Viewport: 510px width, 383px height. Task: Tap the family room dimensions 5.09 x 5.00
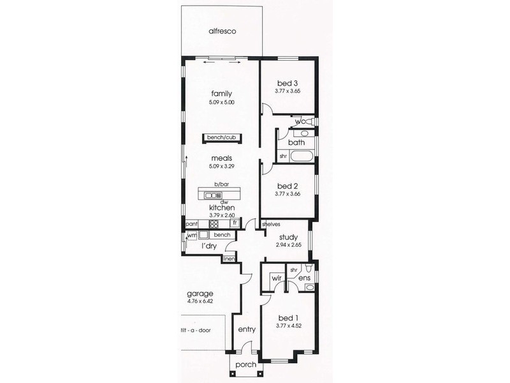coord(221,102)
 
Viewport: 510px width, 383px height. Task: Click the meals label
coord(221,158)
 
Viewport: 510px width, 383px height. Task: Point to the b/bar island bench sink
coord(212,194)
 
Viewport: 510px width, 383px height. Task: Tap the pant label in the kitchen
coord(191,225)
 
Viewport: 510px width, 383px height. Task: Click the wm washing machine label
coord(192,236)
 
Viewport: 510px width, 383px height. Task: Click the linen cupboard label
coord(229,259)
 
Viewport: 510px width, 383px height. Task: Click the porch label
coord(245,364)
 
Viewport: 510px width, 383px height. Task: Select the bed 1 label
coord(288,317)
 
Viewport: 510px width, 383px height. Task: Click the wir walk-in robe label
coord(276,278)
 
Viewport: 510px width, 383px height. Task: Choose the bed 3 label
coord(288,83)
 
